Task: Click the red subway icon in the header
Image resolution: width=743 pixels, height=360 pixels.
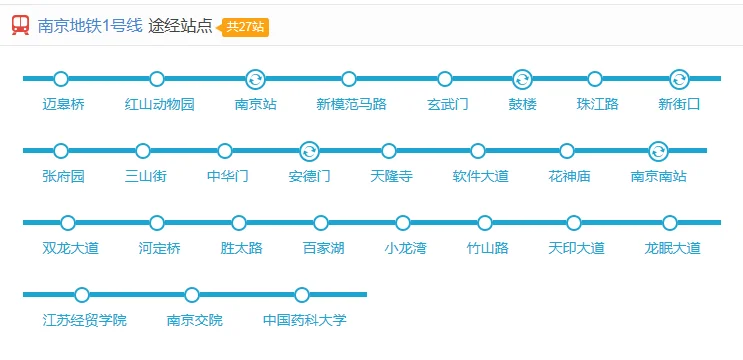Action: click(20, 26)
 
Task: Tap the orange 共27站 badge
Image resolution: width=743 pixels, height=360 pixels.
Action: click(246, 26)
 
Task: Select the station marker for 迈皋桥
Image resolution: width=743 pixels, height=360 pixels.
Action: click(61, 79)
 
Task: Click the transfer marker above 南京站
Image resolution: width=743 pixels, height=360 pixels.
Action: click(255, 79)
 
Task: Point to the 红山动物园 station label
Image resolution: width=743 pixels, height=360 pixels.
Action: click(160, 104)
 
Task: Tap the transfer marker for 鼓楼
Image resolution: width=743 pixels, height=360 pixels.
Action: click(521, 79)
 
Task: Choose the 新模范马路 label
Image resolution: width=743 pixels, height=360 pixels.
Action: click(351, 104)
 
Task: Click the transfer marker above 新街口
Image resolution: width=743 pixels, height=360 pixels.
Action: click(679, 79)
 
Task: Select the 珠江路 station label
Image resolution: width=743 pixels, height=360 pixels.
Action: click(598, 104)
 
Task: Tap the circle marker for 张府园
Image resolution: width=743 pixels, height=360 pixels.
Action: click(61, 151)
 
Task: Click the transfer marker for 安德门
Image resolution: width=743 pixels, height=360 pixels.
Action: click(309, 151)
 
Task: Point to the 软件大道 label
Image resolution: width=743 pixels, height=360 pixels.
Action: click(480, 176)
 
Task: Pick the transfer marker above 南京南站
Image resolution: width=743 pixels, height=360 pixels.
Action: click(658, 151)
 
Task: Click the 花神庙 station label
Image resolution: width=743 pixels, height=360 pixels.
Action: click(569, 176)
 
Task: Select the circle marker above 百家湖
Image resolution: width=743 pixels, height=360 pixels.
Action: click(321, 223)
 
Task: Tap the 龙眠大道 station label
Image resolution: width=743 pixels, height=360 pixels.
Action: click(672, 248)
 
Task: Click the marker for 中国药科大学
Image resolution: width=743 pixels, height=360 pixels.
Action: click(302, 295)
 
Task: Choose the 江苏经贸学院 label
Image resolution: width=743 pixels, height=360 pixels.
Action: click(85, 320)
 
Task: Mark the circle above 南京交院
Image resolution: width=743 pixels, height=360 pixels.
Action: click(192, 295)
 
